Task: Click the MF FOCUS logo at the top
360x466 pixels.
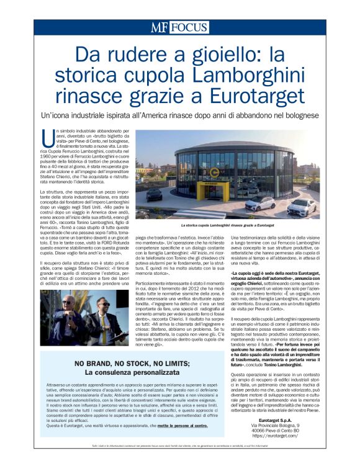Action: click(x=179, y=28)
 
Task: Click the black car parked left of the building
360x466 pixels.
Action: click(x=155, y=195)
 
